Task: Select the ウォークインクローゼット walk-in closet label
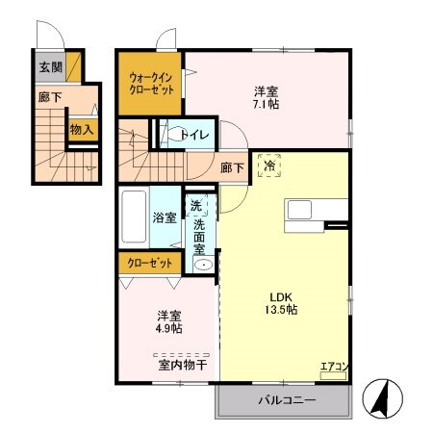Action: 150,84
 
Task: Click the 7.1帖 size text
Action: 267,105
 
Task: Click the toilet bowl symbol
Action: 170,135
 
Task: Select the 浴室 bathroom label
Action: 165,217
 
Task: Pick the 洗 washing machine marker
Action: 195,204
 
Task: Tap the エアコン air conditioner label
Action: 332,366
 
